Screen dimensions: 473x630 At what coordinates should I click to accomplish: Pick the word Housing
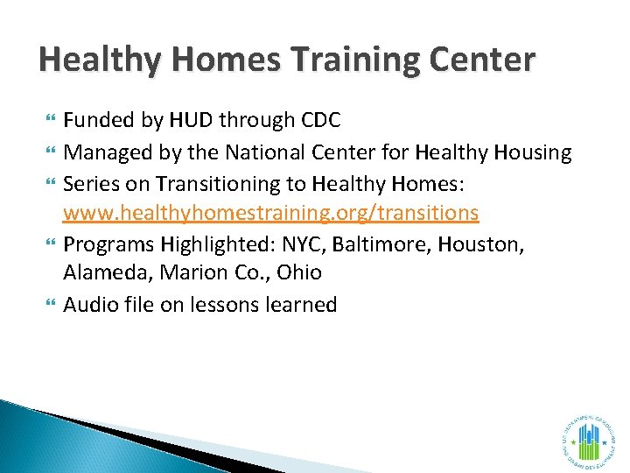532,152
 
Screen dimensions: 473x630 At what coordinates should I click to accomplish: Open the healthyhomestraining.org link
271,212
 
